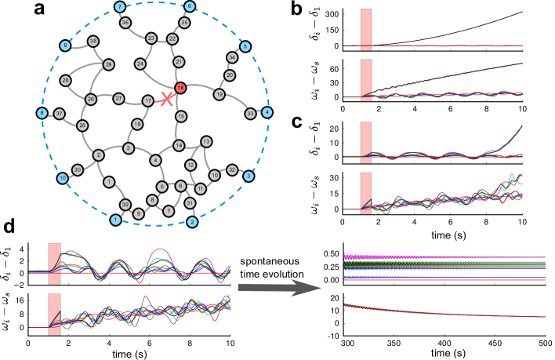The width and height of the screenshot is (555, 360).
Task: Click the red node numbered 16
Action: [180, 89]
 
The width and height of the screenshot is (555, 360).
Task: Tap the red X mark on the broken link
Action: [165, 100]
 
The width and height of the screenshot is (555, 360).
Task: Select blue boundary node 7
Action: [119, 7]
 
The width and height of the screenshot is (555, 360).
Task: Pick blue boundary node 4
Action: [267, 113]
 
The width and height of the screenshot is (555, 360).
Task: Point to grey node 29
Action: [109, 64]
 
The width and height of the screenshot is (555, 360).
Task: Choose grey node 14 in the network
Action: [179, 146]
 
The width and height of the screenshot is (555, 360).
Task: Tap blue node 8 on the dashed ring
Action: [42, 114]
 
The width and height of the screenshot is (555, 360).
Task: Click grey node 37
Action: [60, 114]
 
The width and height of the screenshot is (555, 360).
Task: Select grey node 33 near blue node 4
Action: [250, 113]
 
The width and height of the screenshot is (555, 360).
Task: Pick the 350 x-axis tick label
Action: [397, 344]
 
